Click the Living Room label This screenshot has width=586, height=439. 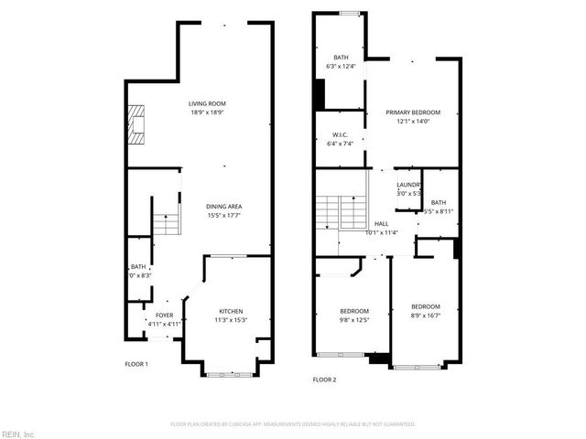[208, 104]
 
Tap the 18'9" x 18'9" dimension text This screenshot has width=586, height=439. [208, 113]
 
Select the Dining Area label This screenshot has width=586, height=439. [223, 207]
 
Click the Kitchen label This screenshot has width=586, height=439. [230, 311]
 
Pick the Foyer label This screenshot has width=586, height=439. [165, 315]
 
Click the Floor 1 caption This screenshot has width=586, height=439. [136, 364]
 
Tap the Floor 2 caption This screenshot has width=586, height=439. [325, 380]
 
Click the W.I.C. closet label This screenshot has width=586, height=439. [340, 135]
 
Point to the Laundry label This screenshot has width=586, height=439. [408, 185]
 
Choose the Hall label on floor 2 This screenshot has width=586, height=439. [381, 223]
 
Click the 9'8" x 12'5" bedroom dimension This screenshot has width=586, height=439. [355, 319]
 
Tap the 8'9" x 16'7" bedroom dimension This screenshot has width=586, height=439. [425, 315]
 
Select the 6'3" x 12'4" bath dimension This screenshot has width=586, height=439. [341, 66]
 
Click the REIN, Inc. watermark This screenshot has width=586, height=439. [17, 433]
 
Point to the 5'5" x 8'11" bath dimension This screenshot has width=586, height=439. [438, 211]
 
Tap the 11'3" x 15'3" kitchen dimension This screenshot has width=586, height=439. [231, 319]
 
